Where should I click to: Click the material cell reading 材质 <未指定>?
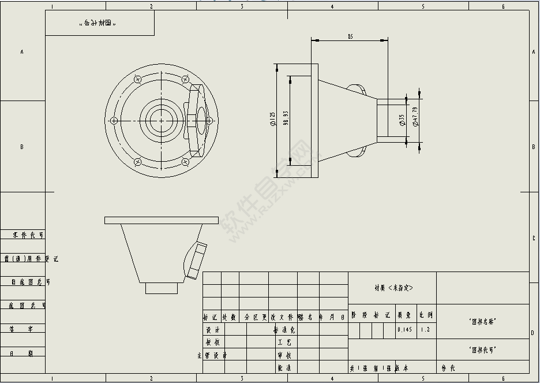(393, 288)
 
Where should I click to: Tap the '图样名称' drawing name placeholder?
(483, 321)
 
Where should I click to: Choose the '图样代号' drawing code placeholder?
(483, 349)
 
